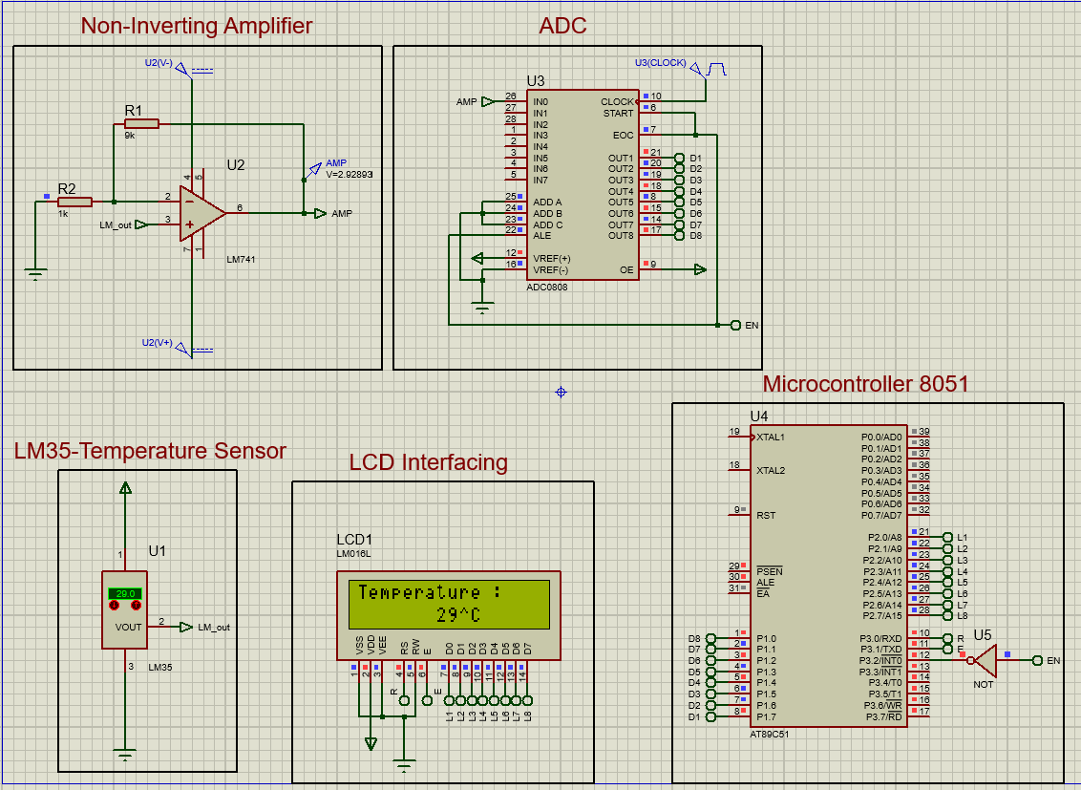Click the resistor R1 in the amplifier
[x=141, y=123]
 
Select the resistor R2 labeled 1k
[x=74, y=202]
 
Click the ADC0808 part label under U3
[x=546, y=287]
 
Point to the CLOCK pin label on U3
[x=617, y=101]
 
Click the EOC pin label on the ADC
[x=624, y=136]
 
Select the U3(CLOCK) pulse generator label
[x=660, y=63]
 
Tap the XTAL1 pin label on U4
[x=770, y=438]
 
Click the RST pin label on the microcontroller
[x=765, y=516]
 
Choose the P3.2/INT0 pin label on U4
[x=880, y=660]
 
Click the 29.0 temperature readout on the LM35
[x=125, y=593]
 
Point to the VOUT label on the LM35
[x=128, y=628]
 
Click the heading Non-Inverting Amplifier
[x=197, y=26]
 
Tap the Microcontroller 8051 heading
[x=865, y=384]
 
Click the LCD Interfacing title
[x=428, y=463]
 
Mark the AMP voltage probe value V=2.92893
[x=349, y=175]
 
